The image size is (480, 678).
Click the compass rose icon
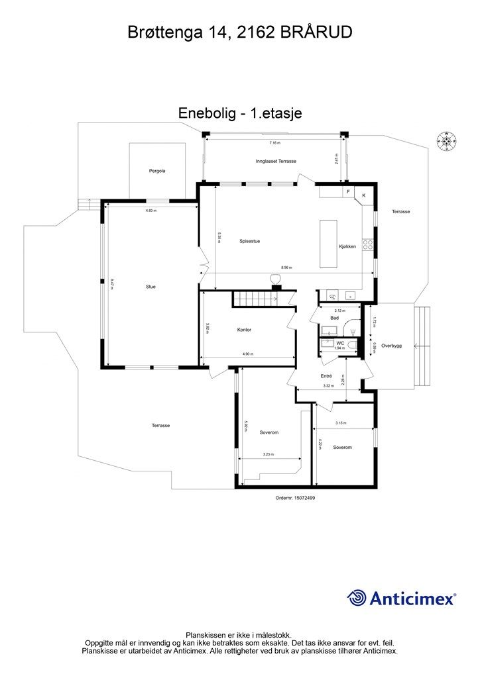447,140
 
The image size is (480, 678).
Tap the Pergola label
157,171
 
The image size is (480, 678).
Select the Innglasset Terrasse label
276,161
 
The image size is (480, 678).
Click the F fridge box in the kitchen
347,192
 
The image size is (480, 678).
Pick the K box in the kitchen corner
364,195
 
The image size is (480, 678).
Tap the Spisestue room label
249,241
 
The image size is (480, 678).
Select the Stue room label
150,287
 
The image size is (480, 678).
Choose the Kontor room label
244,330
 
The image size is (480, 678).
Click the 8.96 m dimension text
286,267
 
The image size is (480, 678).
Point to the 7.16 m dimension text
274,143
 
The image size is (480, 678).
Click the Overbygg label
391,345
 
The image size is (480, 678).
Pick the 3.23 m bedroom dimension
268,454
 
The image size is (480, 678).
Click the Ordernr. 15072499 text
294,498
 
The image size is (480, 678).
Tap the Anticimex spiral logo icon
357,598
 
